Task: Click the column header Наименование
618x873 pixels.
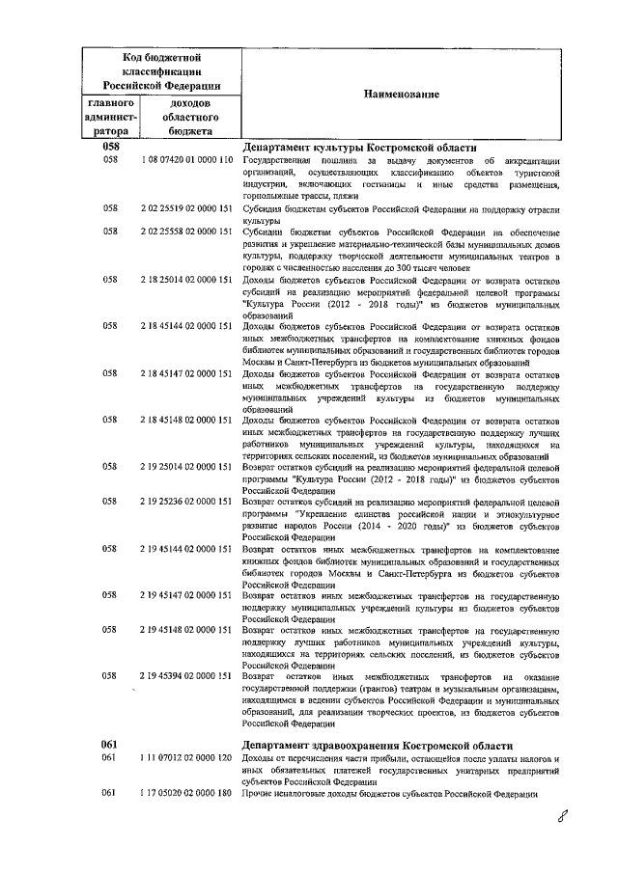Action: click(401, 94)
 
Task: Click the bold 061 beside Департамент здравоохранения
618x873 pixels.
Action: click(109, 745)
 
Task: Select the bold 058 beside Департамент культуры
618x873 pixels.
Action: click(109, 147)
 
